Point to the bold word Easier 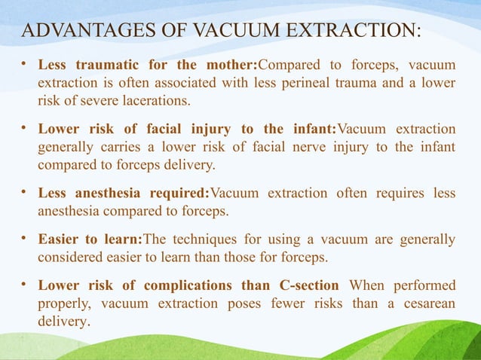tap(60, 240)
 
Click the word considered tap(71, 258)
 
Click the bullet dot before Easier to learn tap(24, 240)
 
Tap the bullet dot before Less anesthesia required tap(24, 193)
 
